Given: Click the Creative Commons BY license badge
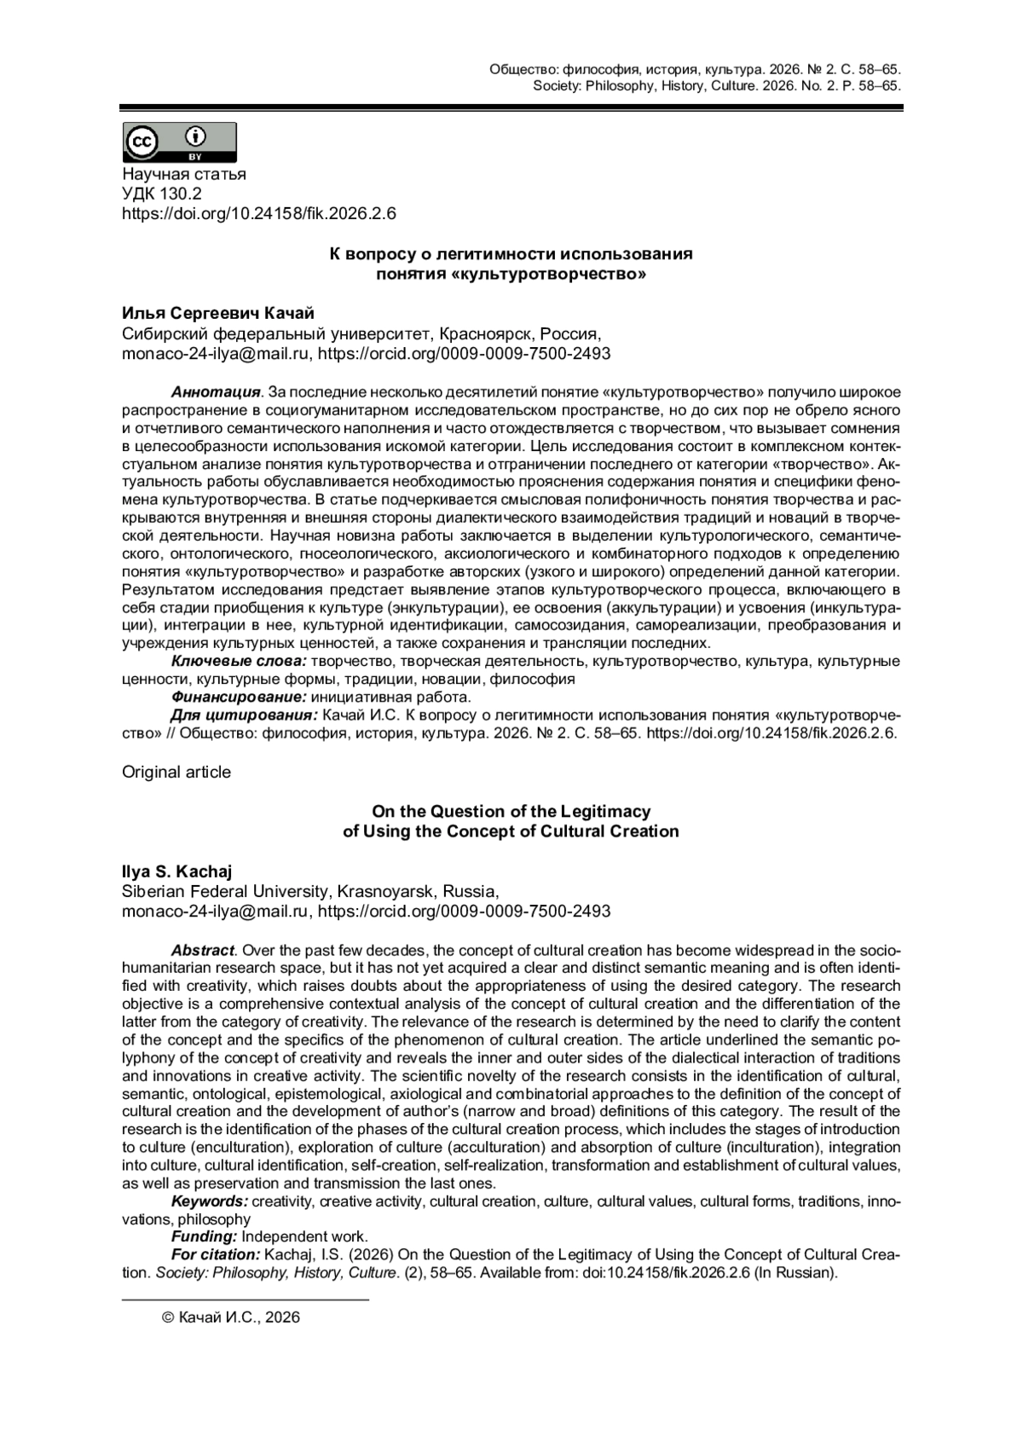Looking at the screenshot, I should coord(180,142).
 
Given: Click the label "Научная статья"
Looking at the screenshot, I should coord(184,174).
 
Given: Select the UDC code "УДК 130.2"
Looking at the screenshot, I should coord(162,194).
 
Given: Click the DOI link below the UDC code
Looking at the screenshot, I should coord(259,214).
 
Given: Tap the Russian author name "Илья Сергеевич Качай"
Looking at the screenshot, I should coord(218,314).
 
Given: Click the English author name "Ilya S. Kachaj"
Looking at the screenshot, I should coord(177,871).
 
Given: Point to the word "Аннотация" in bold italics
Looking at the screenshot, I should coord(216,392).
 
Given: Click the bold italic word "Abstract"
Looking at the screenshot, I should coord(203,951).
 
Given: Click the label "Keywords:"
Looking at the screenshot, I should coord(210,1201).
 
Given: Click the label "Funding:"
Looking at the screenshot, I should coord(205,1236).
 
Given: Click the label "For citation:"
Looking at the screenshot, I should coord(216,1254).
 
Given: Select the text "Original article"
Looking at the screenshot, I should coord(176,772).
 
